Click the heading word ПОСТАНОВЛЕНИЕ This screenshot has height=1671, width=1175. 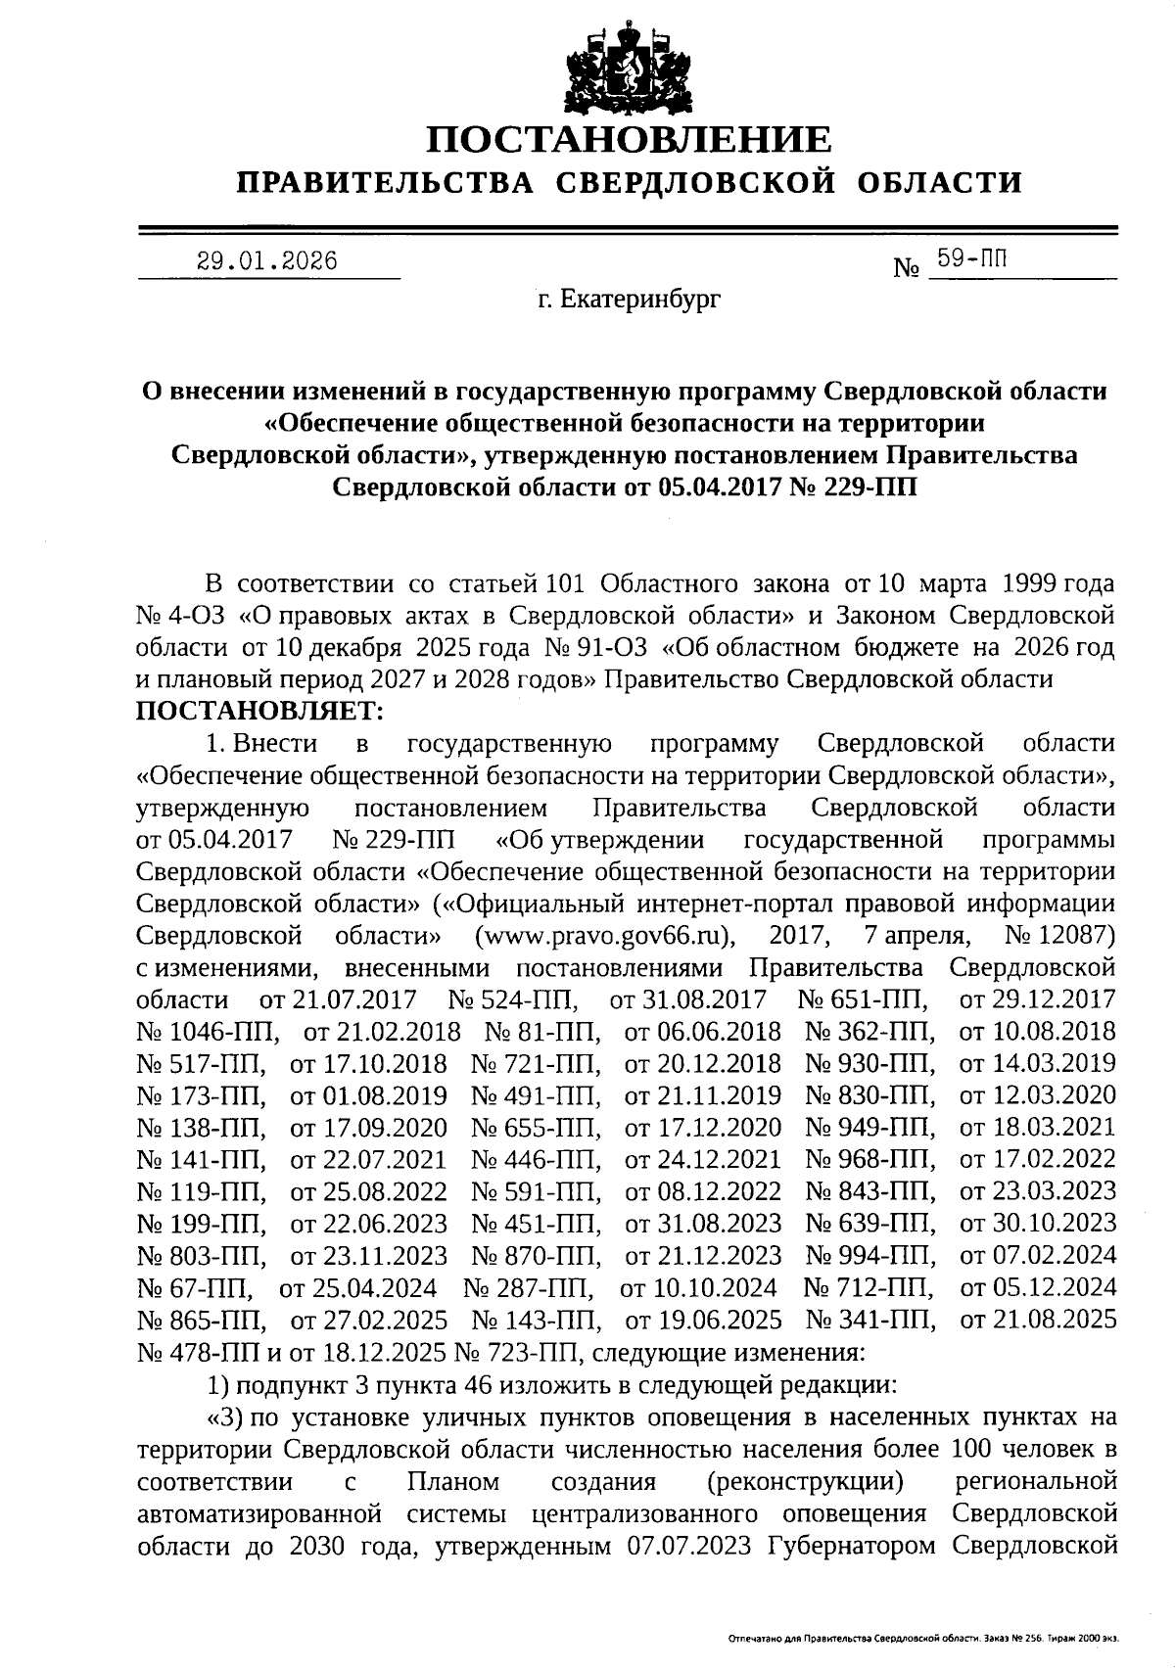click(x=630, y=139)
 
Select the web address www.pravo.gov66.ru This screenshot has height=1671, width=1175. click(x=605, y=936)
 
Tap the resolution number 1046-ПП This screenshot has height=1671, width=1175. click(x=209, y=1032)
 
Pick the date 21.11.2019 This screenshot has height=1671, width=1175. click(x=703, y=1095)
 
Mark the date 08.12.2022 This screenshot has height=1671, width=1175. click(x=703, y=1191)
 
